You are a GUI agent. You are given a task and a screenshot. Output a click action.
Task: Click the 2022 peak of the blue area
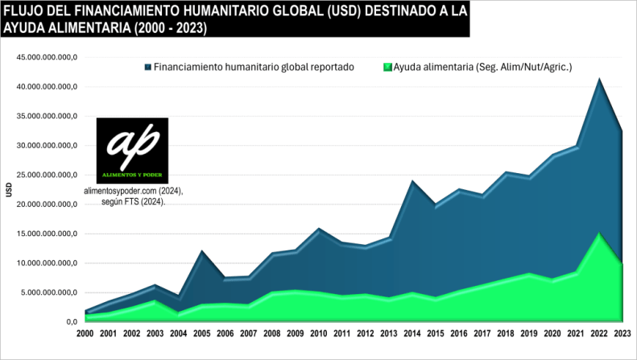pos(598,80)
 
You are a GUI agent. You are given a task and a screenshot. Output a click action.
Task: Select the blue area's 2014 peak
pos(412,182)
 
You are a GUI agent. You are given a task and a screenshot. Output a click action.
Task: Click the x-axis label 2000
pos(86,333)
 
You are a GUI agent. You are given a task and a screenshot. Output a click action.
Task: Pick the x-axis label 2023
pos(622,333)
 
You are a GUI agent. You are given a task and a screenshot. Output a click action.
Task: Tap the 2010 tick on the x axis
pos(319,333)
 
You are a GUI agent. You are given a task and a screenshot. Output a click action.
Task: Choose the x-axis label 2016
pos(458,333)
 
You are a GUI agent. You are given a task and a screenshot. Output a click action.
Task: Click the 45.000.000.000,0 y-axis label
pos(49,57)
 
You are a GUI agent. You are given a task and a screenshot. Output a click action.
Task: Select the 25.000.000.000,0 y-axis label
pos(49,175)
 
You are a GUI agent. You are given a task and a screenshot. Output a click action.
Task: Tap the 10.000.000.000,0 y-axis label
pos(49,263)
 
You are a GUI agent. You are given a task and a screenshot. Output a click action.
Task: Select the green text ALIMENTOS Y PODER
pos(132,175)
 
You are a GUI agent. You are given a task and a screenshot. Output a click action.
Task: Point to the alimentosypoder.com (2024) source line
pos(133,191)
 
